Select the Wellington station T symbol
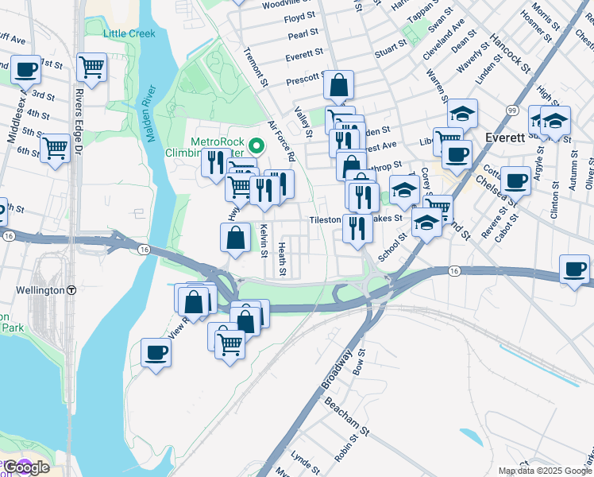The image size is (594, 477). click(71, 290)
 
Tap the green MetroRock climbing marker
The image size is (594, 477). click(256, 145)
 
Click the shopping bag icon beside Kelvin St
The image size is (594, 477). click(236, 238)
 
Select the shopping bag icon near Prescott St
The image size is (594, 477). click(339, 84)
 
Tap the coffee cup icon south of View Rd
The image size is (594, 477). click(156, 352)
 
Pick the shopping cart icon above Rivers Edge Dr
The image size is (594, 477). click(92, 67)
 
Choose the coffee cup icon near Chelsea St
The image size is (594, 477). click(515, 180)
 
